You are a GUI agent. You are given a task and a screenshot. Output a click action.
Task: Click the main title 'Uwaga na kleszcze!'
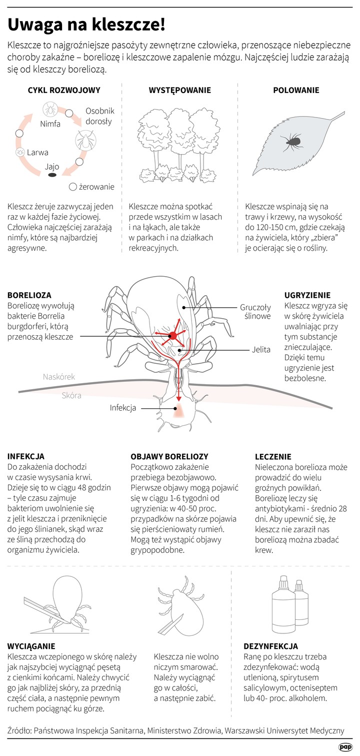coord(86,24)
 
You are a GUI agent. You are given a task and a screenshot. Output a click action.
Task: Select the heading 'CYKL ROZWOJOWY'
coord(64,91)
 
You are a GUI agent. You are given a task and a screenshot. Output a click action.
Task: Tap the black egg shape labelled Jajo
coord(52,176)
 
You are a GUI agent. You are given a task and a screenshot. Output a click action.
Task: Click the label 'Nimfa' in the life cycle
coord(50,124)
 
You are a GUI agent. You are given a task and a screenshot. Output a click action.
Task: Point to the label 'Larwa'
coord(37,153)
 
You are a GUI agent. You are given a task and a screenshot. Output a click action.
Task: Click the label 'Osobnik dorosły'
coord(99,116)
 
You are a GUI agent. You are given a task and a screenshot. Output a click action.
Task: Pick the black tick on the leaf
coord(291,142)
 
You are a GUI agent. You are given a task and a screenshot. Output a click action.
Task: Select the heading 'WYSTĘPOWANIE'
coord(180,91)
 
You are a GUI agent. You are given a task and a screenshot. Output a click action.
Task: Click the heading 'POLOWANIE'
coord(296,91)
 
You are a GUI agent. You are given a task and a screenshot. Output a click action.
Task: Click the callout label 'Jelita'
coord(261,350)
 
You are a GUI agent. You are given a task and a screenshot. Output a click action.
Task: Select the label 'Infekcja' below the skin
coord(123,408)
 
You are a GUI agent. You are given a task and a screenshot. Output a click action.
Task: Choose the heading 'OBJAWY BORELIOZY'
coord(169,456)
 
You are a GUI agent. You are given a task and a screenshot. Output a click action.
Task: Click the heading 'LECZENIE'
coord(273,456)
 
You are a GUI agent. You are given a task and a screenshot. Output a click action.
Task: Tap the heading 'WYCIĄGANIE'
coord(31,646)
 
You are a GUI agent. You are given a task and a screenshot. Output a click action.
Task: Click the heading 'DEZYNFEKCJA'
coord(270,646)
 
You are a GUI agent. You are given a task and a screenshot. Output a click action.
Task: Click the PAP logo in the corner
coord(344,747)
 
